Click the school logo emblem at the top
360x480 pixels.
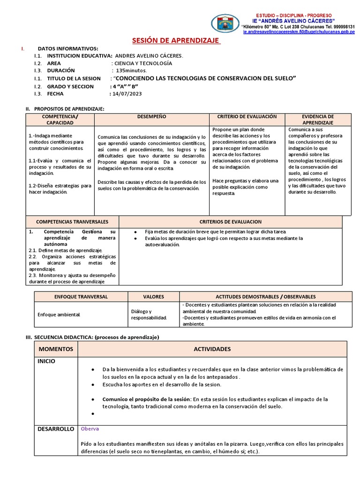[225, 23]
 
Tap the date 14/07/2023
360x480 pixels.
[127, 94]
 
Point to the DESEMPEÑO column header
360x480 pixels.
[151, 116]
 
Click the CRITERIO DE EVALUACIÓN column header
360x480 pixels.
[247, 116]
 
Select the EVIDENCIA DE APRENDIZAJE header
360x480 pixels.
[318, 119]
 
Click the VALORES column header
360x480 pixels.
[153, 297]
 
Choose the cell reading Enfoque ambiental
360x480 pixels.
[59, 314]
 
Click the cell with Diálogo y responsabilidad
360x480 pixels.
[149, 315]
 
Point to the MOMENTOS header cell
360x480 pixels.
[56, 349]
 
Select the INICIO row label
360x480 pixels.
[47, 361]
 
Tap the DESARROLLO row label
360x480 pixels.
[56, 429]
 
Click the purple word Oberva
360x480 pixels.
[90, 428]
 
